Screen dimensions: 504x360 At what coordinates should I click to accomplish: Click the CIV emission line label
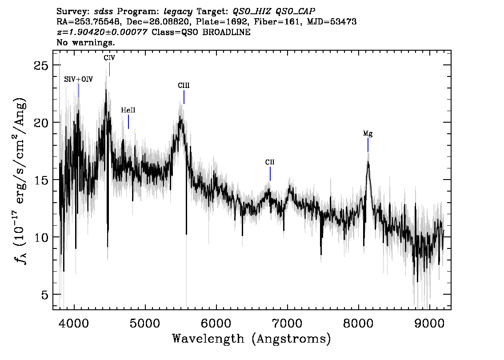tap(109, 58)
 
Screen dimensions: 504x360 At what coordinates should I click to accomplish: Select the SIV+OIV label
tap(78, 79)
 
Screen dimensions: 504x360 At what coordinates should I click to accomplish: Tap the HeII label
tap(128, 110)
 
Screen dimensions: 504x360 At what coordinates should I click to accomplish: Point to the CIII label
tap(184, 85)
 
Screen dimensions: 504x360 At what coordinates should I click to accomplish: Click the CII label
tap(270, 162)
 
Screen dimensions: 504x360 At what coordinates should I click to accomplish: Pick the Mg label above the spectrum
tap(368, 133)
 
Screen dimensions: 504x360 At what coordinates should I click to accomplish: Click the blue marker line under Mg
tap(368, 144)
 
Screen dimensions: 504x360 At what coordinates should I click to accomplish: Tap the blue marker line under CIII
tap(184, 97)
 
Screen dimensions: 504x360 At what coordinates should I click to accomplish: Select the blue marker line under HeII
tap(128, 122)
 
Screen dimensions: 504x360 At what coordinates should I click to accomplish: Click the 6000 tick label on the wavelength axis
tap(216, 323)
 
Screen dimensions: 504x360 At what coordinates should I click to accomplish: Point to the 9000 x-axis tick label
tap(429, 323)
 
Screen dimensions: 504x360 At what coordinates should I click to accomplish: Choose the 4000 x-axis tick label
tap(74, 323)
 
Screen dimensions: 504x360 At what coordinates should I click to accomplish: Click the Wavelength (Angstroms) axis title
tap(252, 339)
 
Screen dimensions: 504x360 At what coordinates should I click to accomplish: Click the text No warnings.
tap(86, 42)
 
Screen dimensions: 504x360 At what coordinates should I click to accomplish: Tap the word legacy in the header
tap(178, 12)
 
